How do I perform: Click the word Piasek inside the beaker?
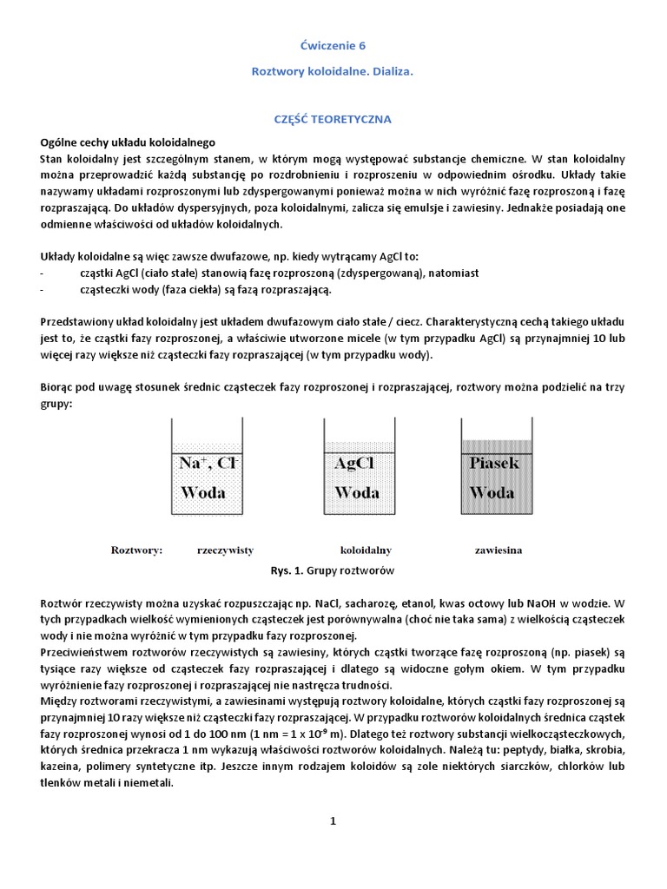tap(494, 463)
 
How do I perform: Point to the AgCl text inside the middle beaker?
tap(353, 463)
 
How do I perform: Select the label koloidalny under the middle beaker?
tap(366, 550)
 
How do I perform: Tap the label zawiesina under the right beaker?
tap(499, 550)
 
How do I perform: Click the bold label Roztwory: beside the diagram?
tap(137, 550)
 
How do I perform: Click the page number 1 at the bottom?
tap(333, 821)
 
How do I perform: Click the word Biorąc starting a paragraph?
tap(60, 388)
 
